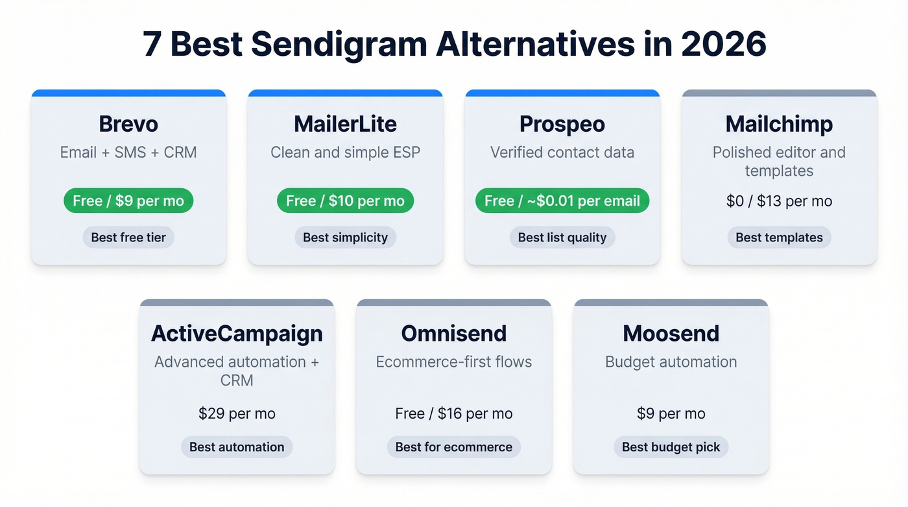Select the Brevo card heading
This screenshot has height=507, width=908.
[128, 123]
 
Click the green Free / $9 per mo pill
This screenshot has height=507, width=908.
[128, 201]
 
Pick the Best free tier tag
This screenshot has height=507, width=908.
[128, 238]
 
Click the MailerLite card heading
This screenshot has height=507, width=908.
[345, 123]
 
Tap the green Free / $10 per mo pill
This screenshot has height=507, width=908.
[345, 201]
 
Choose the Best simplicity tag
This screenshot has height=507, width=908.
[345, 238]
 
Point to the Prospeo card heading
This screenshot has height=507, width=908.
[562, 123]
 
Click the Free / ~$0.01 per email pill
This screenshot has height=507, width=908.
[562, 201]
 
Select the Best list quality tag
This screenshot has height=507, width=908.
[562, 238]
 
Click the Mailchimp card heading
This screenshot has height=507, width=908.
[779, 123]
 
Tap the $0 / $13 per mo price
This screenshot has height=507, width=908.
[779, 201]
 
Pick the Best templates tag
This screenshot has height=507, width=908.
[779, 238]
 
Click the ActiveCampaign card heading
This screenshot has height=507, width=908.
[237, 333]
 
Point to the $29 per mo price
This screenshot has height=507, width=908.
[237, 414]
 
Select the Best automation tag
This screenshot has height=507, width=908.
[237, 447]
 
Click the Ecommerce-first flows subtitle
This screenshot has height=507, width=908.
[453, 362]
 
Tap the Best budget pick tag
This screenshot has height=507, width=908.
[671, 447]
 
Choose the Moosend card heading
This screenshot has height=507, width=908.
[671, 333]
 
